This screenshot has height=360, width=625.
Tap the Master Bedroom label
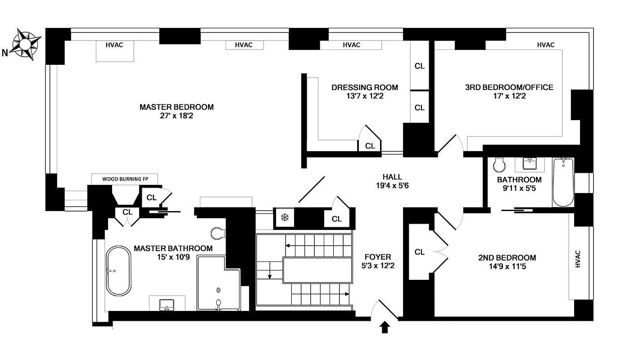pyautogui.click(x=177, y=107)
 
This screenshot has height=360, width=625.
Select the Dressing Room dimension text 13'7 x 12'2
pyautogui.click(x=365, y=96)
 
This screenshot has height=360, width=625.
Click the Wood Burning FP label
pyautogui.click(x=125, y=179)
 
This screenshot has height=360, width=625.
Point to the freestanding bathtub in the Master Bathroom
pyautogui.click(x=118, y=271)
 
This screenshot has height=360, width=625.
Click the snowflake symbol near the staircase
pyautogui.click(x=285, y=217)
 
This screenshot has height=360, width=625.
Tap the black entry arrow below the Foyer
pyautogui.click(x=385, y=327)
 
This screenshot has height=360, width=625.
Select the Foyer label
pyautogui.click(x=378, y=257)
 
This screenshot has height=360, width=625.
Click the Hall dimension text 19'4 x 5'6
pyautogui.click(x=392, y=186)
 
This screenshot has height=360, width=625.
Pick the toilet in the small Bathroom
pyautogui.click(x=499, y=165)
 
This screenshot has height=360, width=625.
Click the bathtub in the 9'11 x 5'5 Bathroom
pyautogui.click(x=563, y=182)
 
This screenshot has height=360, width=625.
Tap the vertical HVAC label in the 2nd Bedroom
pyautogui.click(x=578, y=259)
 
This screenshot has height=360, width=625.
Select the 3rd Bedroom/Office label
pyautogui.click(x=509, y=87)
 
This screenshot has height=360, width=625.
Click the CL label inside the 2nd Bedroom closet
pyautogui.click(x=420, y=252)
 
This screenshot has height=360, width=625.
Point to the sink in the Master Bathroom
pyautogui.click(x=167, y=305)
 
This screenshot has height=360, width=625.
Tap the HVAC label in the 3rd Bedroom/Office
pyautogui.click(x=546, y=45)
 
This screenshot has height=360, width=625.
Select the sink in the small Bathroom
pyautogui.click(x=530, y=163)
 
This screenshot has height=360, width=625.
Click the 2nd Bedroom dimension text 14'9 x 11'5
pyautogui.click(x=507, y=266)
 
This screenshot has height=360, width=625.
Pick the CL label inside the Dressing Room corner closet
pyautogui.click(x=370, y=146)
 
